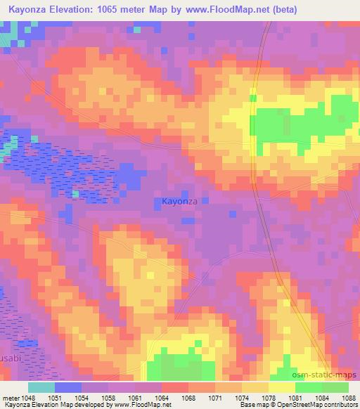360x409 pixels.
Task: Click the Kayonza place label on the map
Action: pyautogui.click(x=180, y=201)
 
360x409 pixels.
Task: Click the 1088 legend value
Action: pyautogui.click(x=349, y=397)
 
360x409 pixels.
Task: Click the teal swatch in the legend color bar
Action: pyautogui.click(x=41, y=387)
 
